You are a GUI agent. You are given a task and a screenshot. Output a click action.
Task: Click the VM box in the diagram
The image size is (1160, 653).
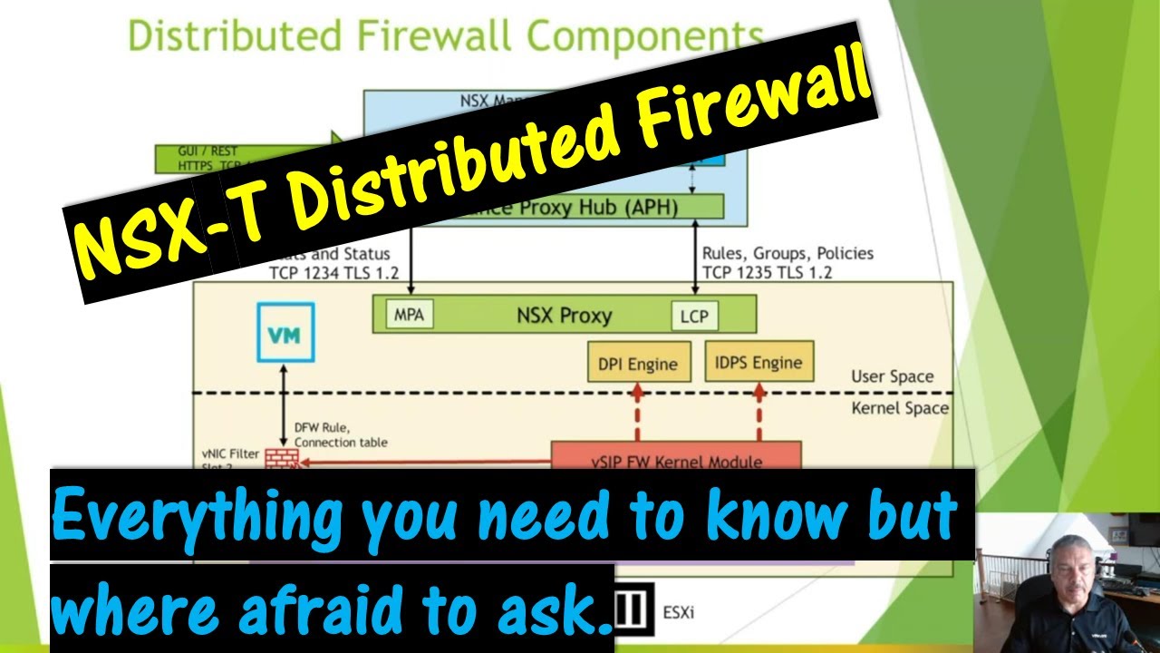[285, 333]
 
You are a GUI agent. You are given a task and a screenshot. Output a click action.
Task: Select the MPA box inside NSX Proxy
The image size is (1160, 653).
[409, 315]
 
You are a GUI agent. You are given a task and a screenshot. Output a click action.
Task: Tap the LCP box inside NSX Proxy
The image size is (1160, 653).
[693, 317]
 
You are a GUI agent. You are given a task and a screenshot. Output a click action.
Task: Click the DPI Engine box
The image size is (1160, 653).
[638, 364]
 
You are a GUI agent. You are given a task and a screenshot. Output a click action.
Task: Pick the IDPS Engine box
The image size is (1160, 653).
[759, 362]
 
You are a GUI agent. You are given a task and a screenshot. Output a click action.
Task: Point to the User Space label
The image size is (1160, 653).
[892, 376]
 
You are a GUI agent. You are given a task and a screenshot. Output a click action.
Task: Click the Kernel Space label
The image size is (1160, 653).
[900, 408]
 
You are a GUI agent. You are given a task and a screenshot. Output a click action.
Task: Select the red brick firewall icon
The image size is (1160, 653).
[282, 458]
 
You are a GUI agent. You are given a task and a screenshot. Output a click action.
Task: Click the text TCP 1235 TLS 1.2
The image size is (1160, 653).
[767, 272]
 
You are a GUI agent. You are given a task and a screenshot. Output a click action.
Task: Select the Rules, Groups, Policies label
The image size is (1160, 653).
[788, 253]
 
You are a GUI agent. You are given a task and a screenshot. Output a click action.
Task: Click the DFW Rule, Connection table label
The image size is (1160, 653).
[340, 435]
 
